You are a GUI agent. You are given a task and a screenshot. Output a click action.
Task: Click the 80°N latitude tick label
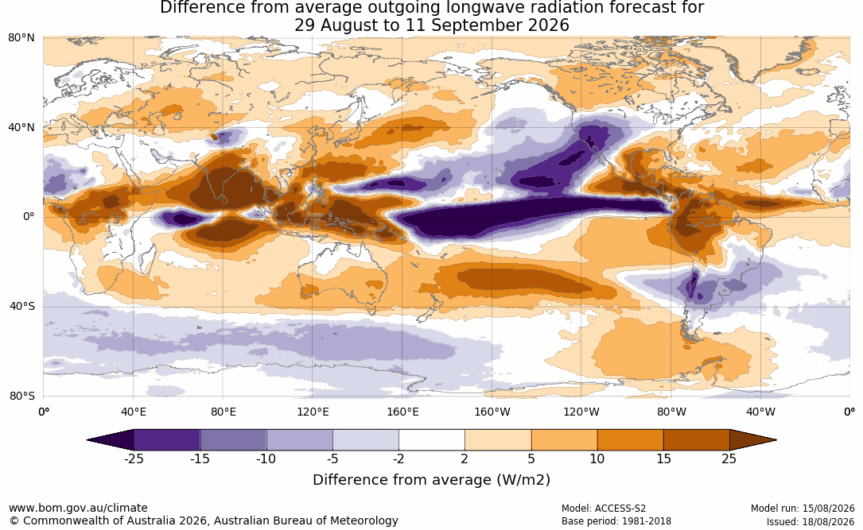tap(21, 38)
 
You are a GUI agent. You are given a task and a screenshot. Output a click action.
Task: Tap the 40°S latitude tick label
tap(21, 306)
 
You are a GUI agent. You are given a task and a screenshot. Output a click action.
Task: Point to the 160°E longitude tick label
tap(402, 412)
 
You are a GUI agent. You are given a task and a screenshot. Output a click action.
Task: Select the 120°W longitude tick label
tap(581, 412)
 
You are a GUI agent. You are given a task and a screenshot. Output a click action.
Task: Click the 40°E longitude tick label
tap(133, 412)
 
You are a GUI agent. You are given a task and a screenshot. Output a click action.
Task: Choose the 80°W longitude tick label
tap(671, 412)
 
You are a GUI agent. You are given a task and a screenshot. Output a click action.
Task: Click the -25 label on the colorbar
tap(134, 458)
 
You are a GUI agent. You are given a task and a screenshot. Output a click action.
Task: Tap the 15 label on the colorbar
tap(663, 458)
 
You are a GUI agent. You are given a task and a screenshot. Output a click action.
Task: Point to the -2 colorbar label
tap(398, 458)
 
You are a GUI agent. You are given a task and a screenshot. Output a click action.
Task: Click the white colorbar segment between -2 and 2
tap(432, 440)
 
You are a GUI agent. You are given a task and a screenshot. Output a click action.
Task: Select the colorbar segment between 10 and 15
tap(630, 440)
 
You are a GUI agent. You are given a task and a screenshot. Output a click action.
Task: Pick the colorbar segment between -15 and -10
tap(233, 440)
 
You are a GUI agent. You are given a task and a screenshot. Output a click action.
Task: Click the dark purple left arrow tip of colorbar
tap(88, 440)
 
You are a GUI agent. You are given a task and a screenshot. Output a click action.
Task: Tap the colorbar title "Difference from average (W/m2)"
tap(431, 479)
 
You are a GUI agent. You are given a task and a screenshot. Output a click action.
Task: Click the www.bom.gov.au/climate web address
tap(78, 508)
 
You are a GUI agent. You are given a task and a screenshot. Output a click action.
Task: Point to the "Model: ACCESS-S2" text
tap(604, 509)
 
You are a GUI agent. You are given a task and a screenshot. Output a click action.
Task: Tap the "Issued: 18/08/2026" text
tap(811, 522)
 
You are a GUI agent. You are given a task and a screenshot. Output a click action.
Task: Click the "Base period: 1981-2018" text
tap(616, 521)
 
